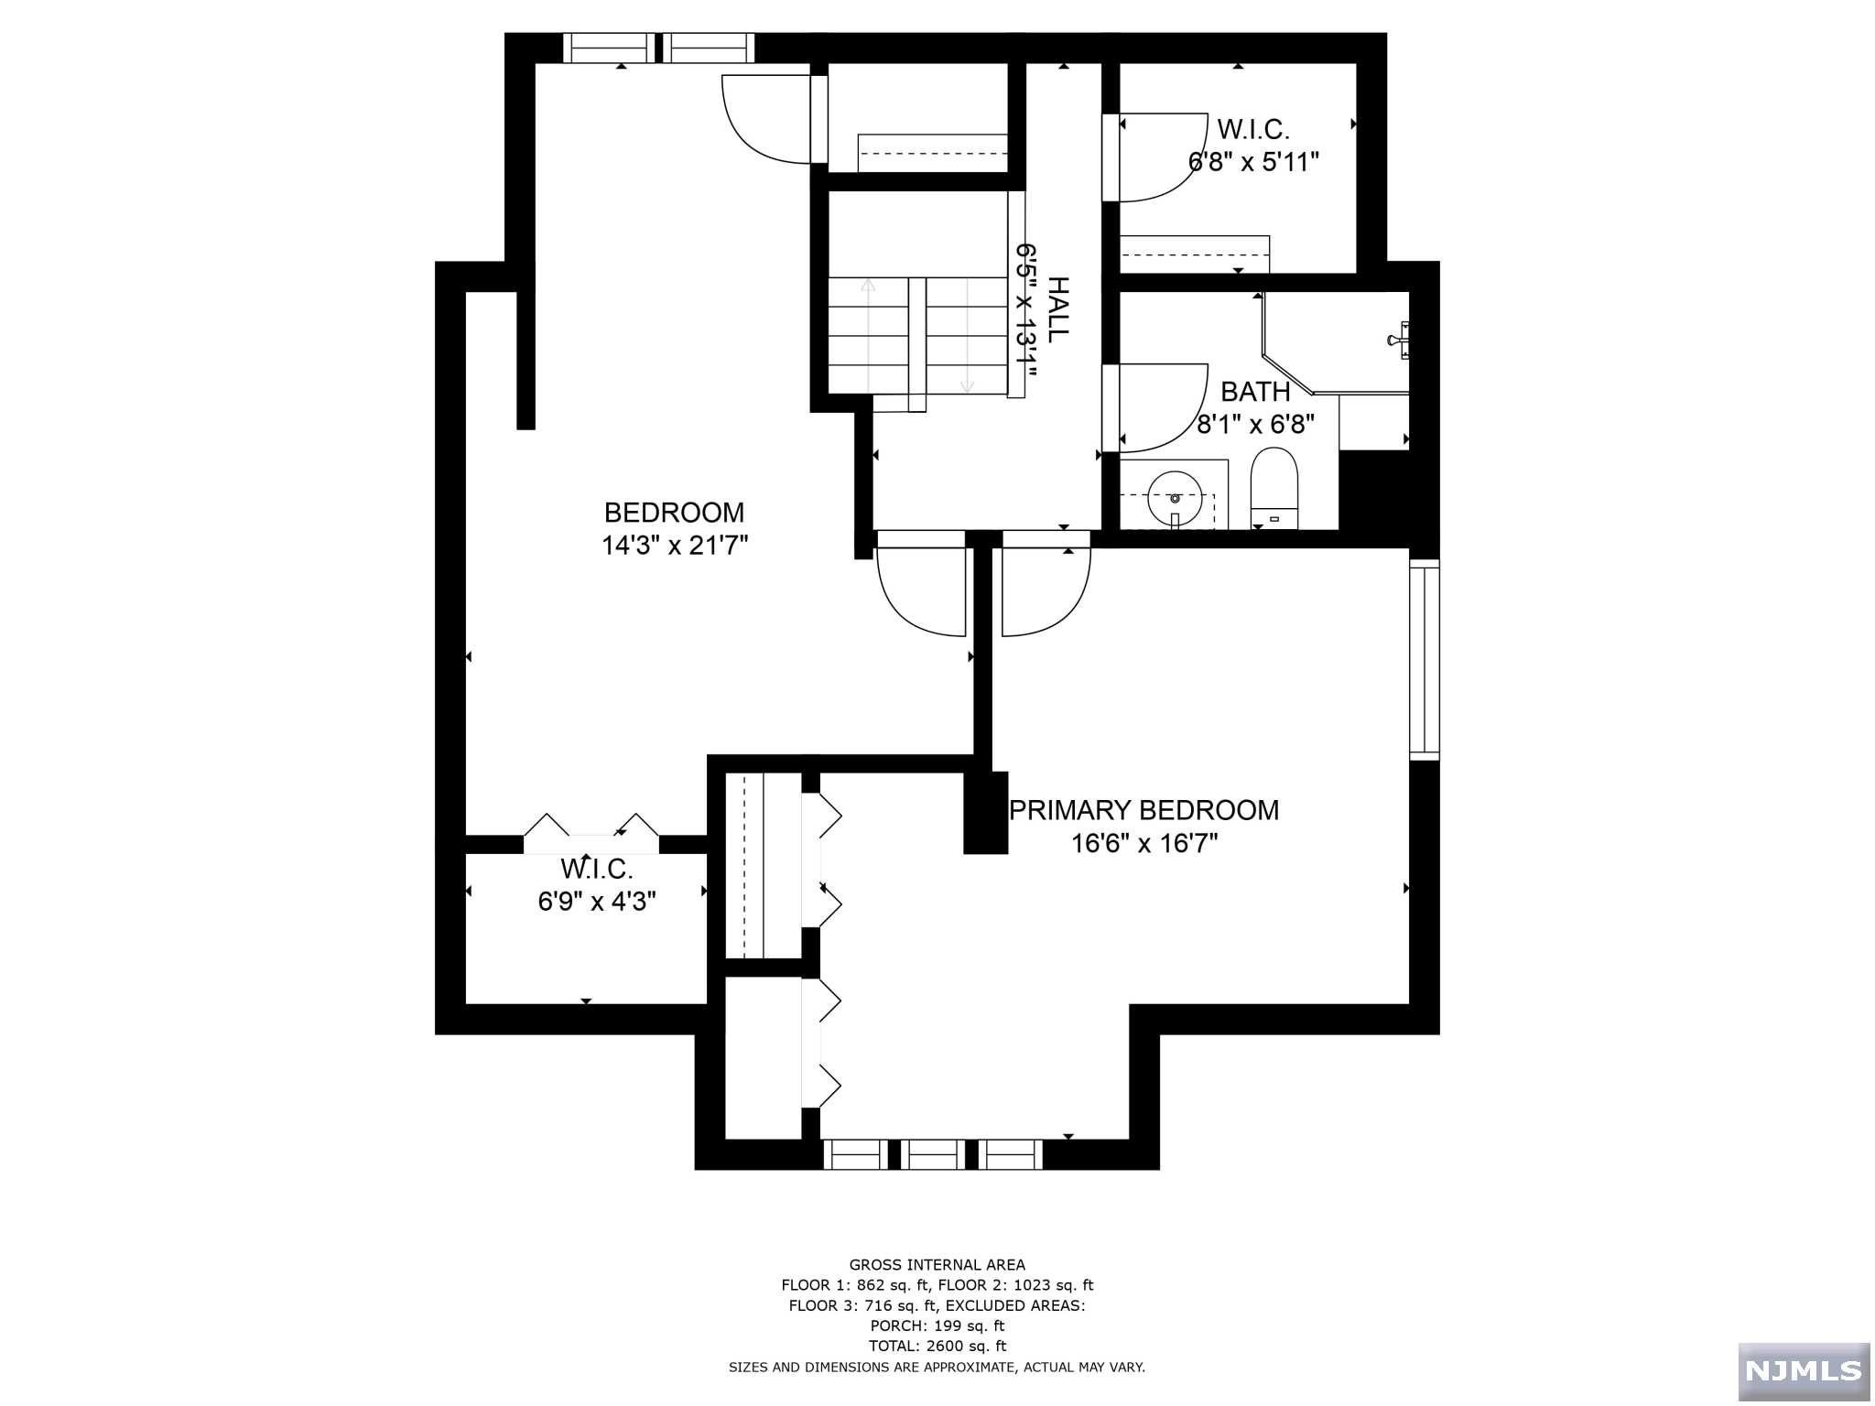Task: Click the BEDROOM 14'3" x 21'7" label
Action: [675, 529]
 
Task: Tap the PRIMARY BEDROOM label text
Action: [1143, 811]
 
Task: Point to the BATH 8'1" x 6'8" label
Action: [1255, 407]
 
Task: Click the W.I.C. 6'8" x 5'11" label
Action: [1252, 146]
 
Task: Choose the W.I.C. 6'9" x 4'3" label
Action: [597, 885]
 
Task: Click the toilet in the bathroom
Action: [1274, 488]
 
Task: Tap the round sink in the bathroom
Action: [1175, 498]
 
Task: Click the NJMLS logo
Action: [1803, 1369]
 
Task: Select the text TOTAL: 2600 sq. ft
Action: [937, 1346]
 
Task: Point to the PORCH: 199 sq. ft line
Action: [937, 1325]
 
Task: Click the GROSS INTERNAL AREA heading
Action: [937, 1265]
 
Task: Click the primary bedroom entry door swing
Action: [1045, 590]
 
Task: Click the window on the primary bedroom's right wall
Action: [1424, 659]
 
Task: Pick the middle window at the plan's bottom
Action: [933, 1154]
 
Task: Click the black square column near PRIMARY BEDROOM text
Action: [985, 813]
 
